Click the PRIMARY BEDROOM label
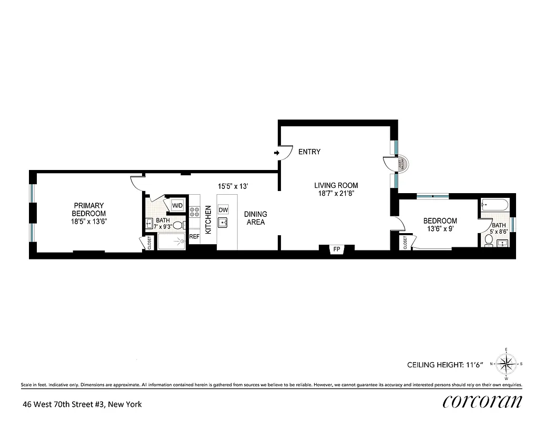[x=89, y=209]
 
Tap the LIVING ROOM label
[x=336, y=185]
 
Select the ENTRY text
[x=309, y=152]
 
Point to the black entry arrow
[x=277, y=153]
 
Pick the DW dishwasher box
[x=224, y=209]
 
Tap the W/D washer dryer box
[x=178, y=205]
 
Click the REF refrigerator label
[x=194, y=237]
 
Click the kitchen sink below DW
[x=224, y=223]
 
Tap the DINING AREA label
[x=255, y=218]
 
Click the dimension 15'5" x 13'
[x=233, y=186]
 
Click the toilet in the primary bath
[x=178, y=226]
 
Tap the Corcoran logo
[x=482, y=402]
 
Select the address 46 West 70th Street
[x=82, y=405]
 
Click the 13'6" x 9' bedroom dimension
[x=440, y=229]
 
